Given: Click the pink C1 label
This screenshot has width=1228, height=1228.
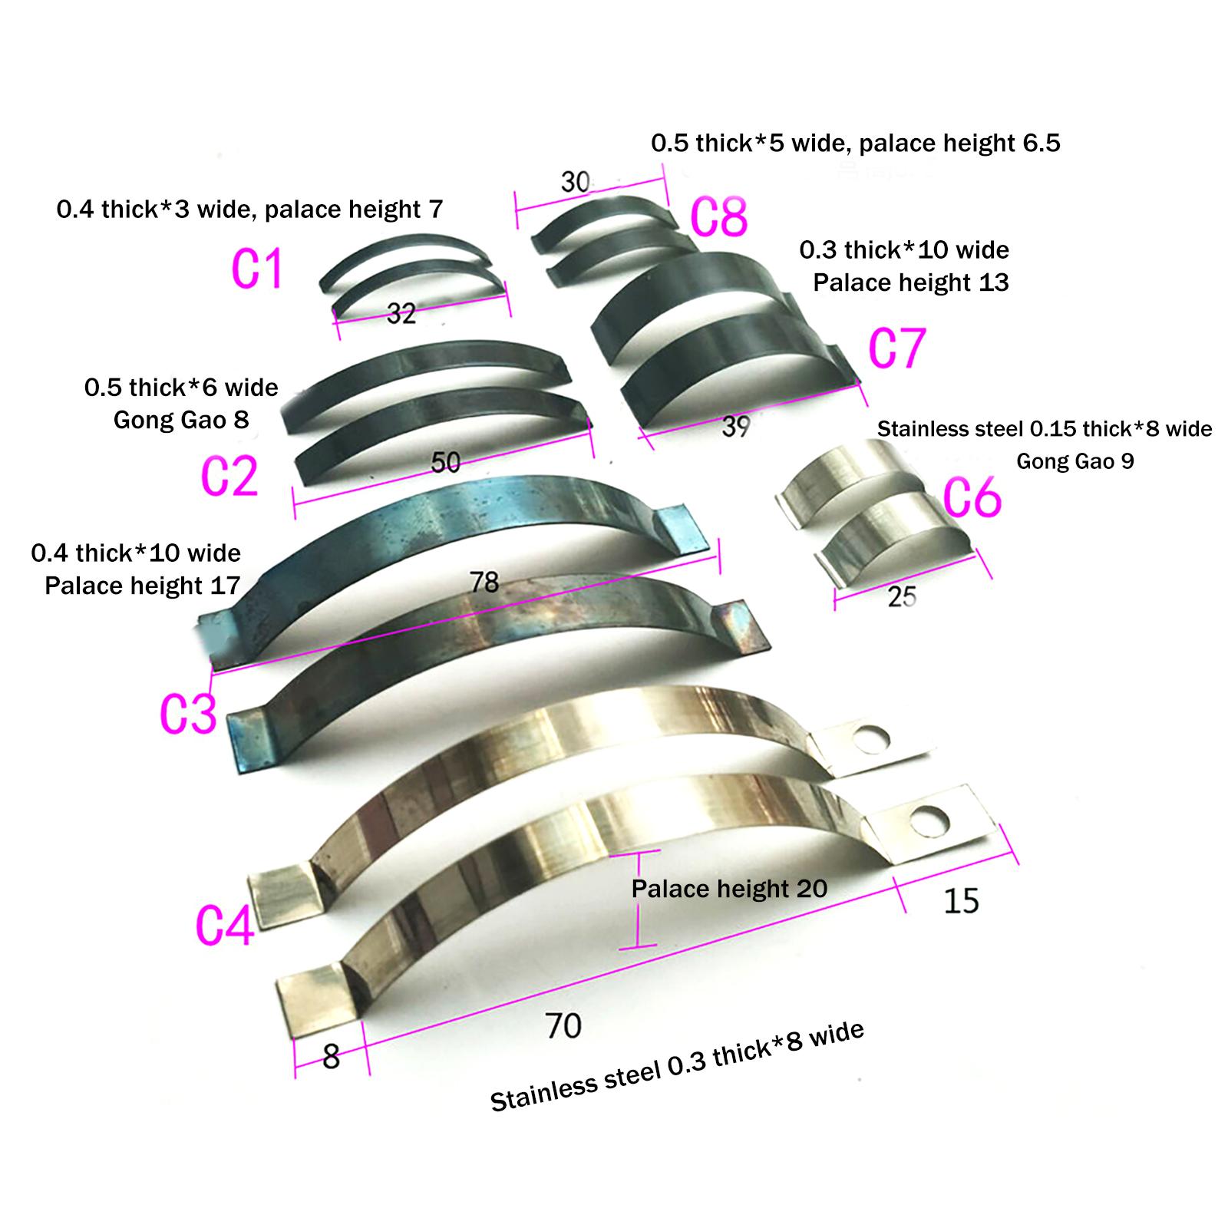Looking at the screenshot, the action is [257, 269].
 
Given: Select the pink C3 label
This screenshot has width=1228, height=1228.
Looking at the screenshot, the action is [188, 714].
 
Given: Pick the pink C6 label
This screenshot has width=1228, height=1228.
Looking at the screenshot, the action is [972, 497].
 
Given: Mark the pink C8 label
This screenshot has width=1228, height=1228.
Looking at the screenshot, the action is [718, 216].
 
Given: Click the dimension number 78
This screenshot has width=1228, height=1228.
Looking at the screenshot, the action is [484, 583].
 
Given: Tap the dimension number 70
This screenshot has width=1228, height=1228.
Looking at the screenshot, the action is [563, 1025].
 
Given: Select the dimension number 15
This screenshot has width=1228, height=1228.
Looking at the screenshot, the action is [961, 901].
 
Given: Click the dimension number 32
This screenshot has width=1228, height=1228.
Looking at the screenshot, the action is [401, 313].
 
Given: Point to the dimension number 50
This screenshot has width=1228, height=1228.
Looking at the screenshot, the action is [445, 462].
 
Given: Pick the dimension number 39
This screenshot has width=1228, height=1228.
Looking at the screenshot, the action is [735, 427].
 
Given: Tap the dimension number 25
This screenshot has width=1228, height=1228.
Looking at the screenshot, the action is [902, 596].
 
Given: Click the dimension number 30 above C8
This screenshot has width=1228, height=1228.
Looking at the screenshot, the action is [576, 182].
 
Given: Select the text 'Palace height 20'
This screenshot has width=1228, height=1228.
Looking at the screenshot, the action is [729, 889].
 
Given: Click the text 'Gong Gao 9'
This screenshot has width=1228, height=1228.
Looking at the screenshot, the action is [1075, 461].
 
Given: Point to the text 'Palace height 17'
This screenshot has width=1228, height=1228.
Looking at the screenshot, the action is [143, 586].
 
